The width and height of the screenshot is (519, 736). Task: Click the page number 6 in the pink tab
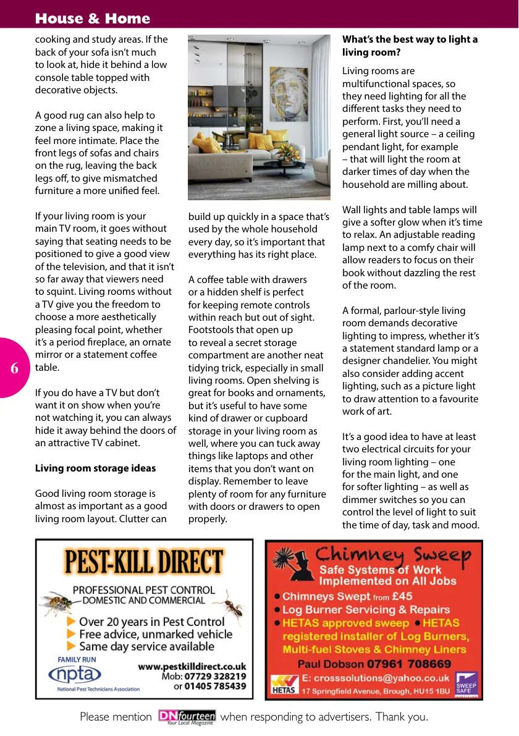coord(14,368)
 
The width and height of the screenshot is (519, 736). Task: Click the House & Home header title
coord(93,19)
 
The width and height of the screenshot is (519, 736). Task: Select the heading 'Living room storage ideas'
coord(95,468)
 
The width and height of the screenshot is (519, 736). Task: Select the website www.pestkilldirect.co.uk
coord(192,666)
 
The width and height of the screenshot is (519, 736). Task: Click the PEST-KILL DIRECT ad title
coord(144,563)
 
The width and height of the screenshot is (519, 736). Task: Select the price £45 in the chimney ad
coord(402,596)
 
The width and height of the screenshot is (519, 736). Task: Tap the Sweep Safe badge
coord(466,683)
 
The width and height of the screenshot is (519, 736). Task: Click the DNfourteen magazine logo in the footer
coord(187,717)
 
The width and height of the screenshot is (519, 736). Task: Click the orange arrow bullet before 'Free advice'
coord(72,634)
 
